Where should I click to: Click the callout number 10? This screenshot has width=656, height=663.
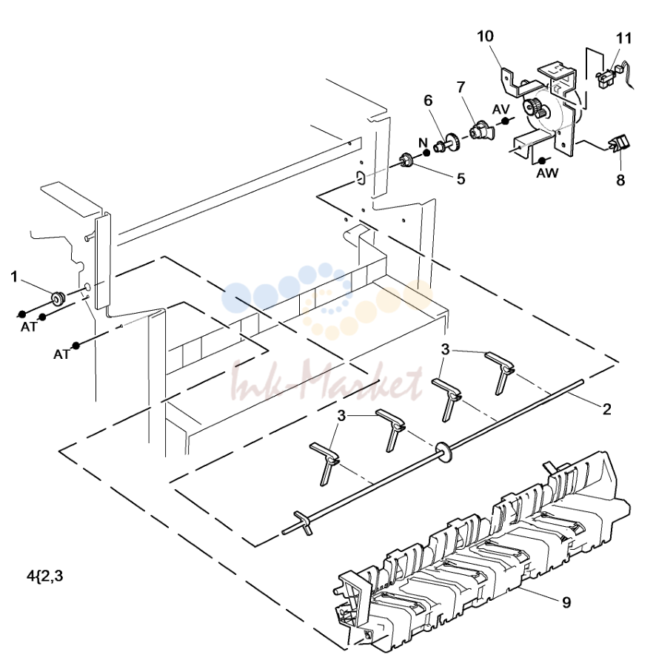(x=485, y=36)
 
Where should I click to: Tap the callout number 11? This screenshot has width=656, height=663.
(x=623, y=38)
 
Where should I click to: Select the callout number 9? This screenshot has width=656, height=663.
(x=566, y=602)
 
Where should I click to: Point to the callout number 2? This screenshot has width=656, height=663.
(x=607, y=409)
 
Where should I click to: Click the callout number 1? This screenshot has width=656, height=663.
(x=14, y=277)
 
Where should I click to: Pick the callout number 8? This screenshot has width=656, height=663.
(x=620, y=180)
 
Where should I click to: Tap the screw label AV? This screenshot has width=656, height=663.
(x=501, y=109)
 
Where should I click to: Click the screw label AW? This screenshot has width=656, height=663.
(x=548, y=172)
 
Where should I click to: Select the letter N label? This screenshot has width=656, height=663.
(x=424, y=143)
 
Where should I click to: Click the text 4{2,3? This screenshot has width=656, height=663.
(x=45, y=576)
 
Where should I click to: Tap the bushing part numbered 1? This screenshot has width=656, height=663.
(x=58, y=297)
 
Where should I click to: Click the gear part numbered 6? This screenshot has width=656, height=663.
(x=448, y=144)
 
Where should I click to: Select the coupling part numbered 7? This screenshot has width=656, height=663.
(x=481, y=129)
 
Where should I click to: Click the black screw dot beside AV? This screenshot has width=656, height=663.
(x=506, y=121)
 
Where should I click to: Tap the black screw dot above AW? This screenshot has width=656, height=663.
(x=542, y=161)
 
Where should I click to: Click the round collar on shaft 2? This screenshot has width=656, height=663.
(x=444, y=451)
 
